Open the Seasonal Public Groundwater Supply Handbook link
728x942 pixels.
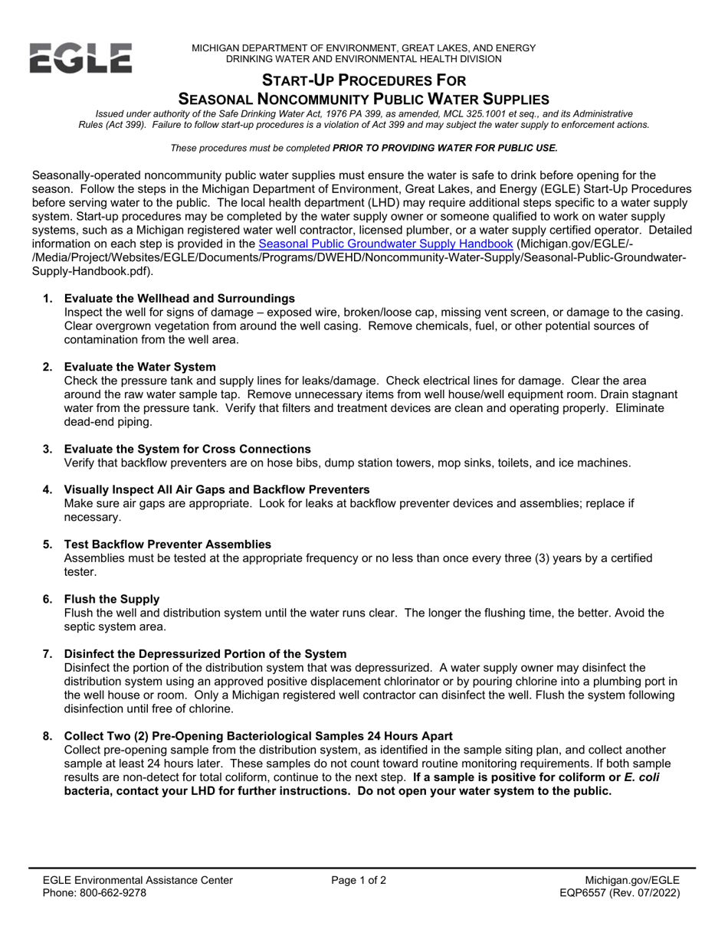(385, 244)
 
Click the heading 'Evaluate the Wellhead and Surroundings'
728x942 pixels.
(179, 298)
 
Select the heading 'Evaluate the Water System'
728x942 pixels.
(140, 367)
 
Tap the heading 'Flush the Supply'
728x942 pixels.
(112, 598)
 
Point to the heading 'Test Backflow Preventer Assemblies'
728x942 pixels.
(168, 544)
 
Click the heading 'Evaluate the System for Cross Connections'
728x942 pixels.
(188, 449)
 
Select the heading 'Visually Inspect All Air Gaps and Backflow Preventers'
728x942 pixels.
(217, 489)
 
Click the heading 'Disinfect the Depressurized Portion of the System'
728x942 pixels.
(205, 653)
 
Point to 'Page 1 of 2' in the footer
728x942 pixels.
(359, 880)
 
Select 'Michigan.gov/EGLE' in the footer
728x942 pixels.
(631, 880)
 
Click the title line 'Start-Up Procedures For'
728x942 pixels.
(364, 80)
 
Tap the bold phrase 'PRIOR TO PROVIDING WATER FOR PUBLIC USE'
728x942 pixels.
(445, 148)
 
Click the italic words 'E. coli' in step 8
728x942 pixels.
(641, 777)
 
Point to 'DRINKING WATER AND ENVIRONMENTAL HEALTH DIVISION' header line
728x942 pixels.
(364, 59)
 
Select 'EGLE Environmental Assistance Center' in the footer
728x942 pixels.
(138, 880)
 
